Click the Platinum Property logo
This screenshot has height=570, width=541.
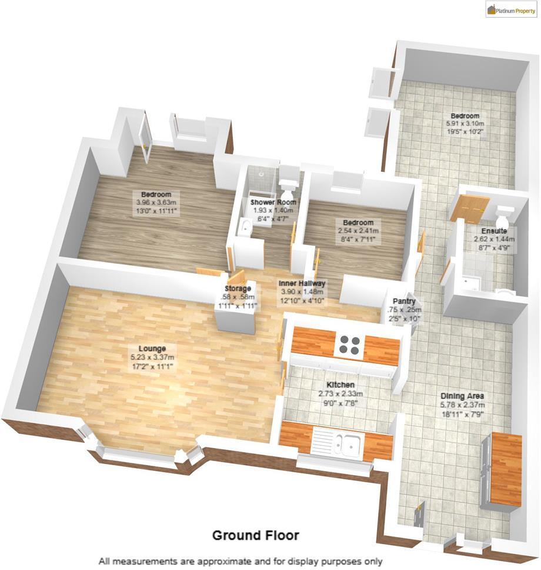tap(511, 9)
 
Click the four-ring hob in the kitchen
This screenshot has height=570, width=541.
tap(348, 345)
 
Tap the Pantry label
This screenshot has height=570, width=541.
tap(400, 301)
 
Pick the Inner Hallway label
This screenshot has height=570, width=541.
tap(302, 283)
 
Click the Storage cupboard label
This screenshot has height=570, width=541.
tap(238, 289)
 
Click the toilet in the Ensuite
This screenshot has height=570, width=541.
tap(504, 214)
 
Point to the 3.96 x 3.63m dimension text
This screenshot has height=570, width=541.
tap(156, 203)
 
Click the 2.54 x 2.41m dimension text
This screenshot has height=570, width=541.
tap(358, 231)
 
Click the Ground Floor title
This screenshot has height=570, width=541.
tap(255, 535)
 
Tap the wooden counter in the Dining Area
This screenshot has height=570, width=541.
tap(506, 468)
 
